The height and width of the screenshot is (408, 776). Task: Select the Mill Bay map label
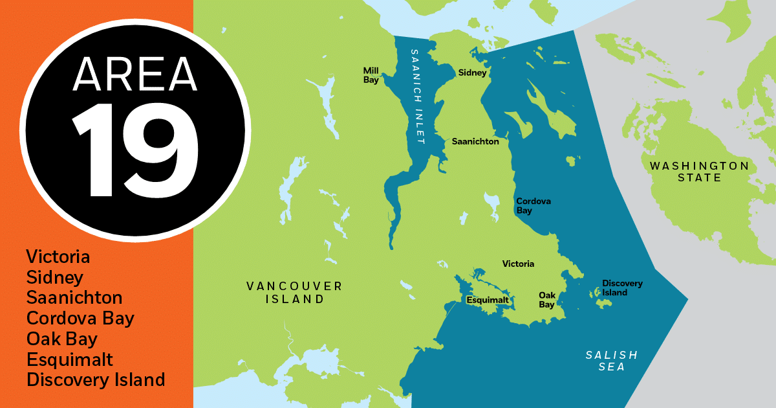tap(371, 75)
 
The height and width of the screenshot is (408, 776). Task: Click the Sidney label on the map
tap(472, 73)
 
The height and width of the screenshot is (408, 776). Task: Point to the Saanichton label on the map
tap(475, 141)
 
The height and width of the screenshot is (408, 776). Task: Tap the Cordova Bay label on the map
tap(533, 206)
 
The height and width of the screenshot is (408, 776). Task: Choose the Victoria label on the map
tap(519, 264)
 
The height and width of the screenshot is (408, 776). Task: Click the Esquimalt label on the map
tap(488, 300)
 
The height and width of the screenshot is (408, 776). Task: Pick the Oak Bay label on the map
tap(547, 300)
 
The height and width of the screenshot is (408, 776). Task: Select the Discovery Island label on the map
tap(622, 288)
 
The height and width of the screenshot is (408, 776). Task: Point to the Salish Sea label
tap(611, 361)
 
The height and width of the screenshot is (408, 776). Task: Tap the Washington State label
tap(699, 172)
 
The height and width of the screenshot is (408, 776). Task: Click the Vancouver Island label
tap(294, 293)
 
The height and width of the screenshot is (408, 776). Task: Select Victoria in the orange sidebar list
tap(58, 257)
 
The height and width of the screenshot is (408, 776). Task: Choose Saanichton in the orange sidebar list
tap(74, 298)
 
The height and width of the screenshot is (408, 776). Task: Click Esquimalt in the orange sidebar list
tap(70, 359)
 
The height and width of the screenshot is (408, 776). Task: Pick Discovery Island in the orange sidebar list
tap(96, 380)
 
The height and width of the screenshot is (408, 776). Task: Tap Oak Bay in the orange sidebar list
tap(62, 339)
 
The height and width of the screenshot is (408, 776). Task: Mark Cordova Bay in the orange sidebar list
tap(80, 319)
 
